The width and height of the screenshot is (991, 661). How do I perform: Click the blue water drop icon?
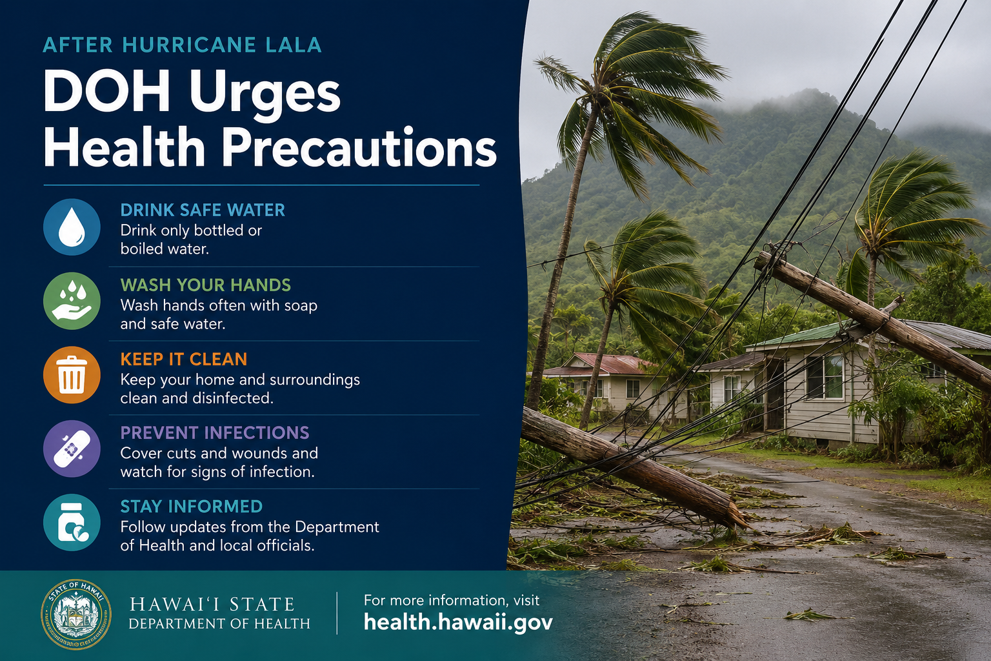point(72,227)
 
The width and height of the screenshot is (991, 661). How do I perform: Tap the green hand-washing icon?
point(72,301)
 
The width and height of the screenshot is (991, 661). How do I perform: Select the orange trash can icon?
point(72,375)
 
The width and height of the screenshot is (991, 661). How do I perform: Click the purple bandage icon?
point(72,449)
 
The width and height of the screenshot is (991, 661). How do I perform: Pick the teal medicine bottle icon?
point(72,523)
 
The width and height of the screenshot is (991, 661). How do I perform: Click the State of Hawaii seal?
point(76,614)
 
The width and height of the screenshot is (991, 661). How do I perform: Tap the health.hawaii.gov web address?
point(458,622)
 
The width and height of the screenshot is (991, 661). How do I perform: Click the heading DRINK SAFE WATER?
point(203,210)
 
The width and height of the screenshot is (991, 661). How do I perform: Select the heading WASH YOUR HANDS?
point(206,285)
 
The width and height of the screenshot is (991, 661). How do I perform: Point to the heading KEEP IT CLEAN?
point(184,360)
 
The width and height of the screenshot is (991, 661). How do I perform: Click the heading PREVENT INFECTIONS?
point(215,433)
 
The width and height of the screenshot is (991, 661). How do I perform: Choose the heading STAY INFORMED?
point(192,507)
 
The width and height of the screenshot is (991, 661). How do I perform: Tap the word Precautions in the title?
point(359,147)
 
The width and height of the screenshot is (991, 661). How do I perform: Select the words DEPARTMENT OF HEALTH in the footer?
point(219,624)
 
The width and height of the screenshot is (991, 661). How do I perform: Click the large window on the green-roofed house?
point(825,377)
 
